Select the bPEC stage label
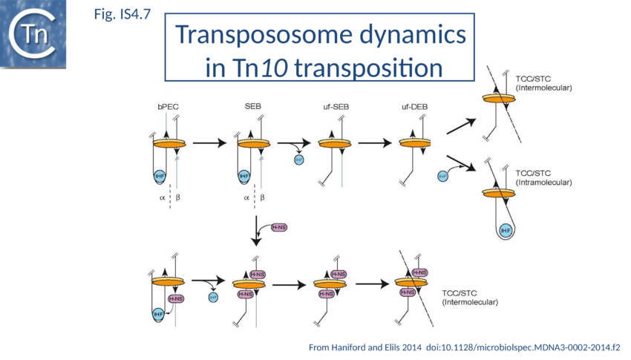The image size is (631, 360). [x=168, y=106]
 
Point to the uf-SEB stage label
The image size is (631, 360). [x=336, y=106]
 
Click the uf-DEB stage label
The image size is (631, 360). [x=414, y=106]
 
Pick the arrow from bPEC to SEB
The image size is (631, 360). [x=211, y=144]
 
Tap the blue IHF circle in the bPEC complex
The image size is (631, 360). [x=160, y=176]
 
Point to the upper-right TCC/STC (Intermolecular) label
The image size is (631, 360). [x=544, y=82]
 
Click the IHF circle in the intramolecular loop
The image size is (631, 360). [x=506, y=231]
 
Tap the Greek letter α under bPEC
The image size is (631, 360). [x=160, y=198]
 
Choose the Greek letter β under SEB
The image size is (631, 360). [x=262, y=198]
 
